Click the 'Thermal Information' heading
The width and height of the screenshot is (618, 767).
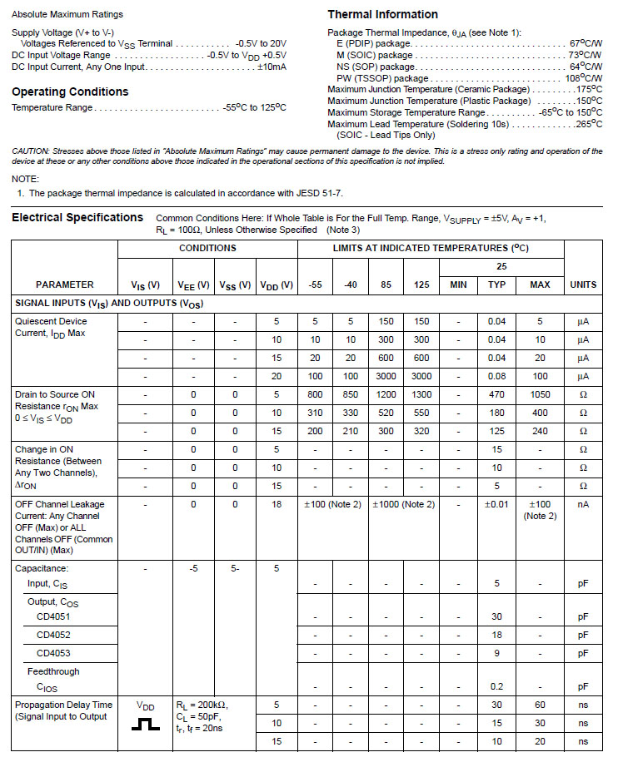point(382,14)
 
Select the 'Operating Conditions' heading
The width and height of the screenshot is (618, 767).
point(70,92)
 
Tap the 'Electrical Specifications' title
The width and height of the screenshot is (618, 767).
point(77,217)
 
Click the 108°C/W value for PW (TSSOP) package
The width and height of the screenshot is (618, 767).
point(583,78)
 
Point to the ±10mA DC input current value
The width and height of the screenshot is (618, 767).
point(272,67)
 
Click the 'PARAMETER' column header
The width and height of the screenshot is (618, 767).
point(65,285)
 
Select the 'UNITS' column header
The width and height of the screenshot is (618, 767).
point(582,285)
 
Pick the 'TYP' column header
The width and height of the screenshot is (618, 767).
point(497,285)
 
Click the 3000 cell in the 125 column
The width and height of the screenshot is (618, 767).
point(421,376)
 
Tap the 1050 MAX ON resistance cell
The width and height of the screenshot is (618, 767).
point(540,394)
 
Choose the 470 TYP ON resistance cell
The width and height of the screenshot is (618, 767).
point(497,394)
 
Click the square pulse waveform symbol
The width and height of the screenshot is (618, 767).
point(145,724)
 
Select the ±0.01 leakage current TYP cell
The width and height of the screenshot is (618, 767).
point(497,504)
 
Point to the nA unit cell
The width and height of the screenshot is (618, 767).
point(582,504)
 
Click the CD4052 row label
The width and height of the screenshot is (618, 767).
point(54,635)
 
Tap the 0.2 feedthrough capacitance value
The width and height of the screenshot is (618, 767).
point(497,687)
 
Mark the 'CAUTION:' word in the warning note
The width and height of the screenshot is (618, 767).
point(31,151)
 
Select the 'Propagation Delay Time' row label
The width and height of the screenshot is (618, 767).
point(63,705)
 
